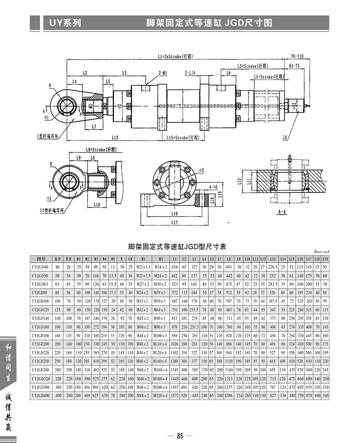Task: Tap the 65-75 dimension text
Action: (294, 66)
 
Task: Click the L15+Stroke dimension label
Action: (183, 137)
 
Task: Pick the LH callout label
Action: (285, 137)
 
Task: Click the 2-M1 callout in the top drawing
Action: (163, 72)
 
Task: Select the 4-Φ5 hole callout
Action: (213, 185)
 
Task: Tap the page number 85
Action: (180, 435)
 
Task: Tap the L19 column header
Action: (325, 259)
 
